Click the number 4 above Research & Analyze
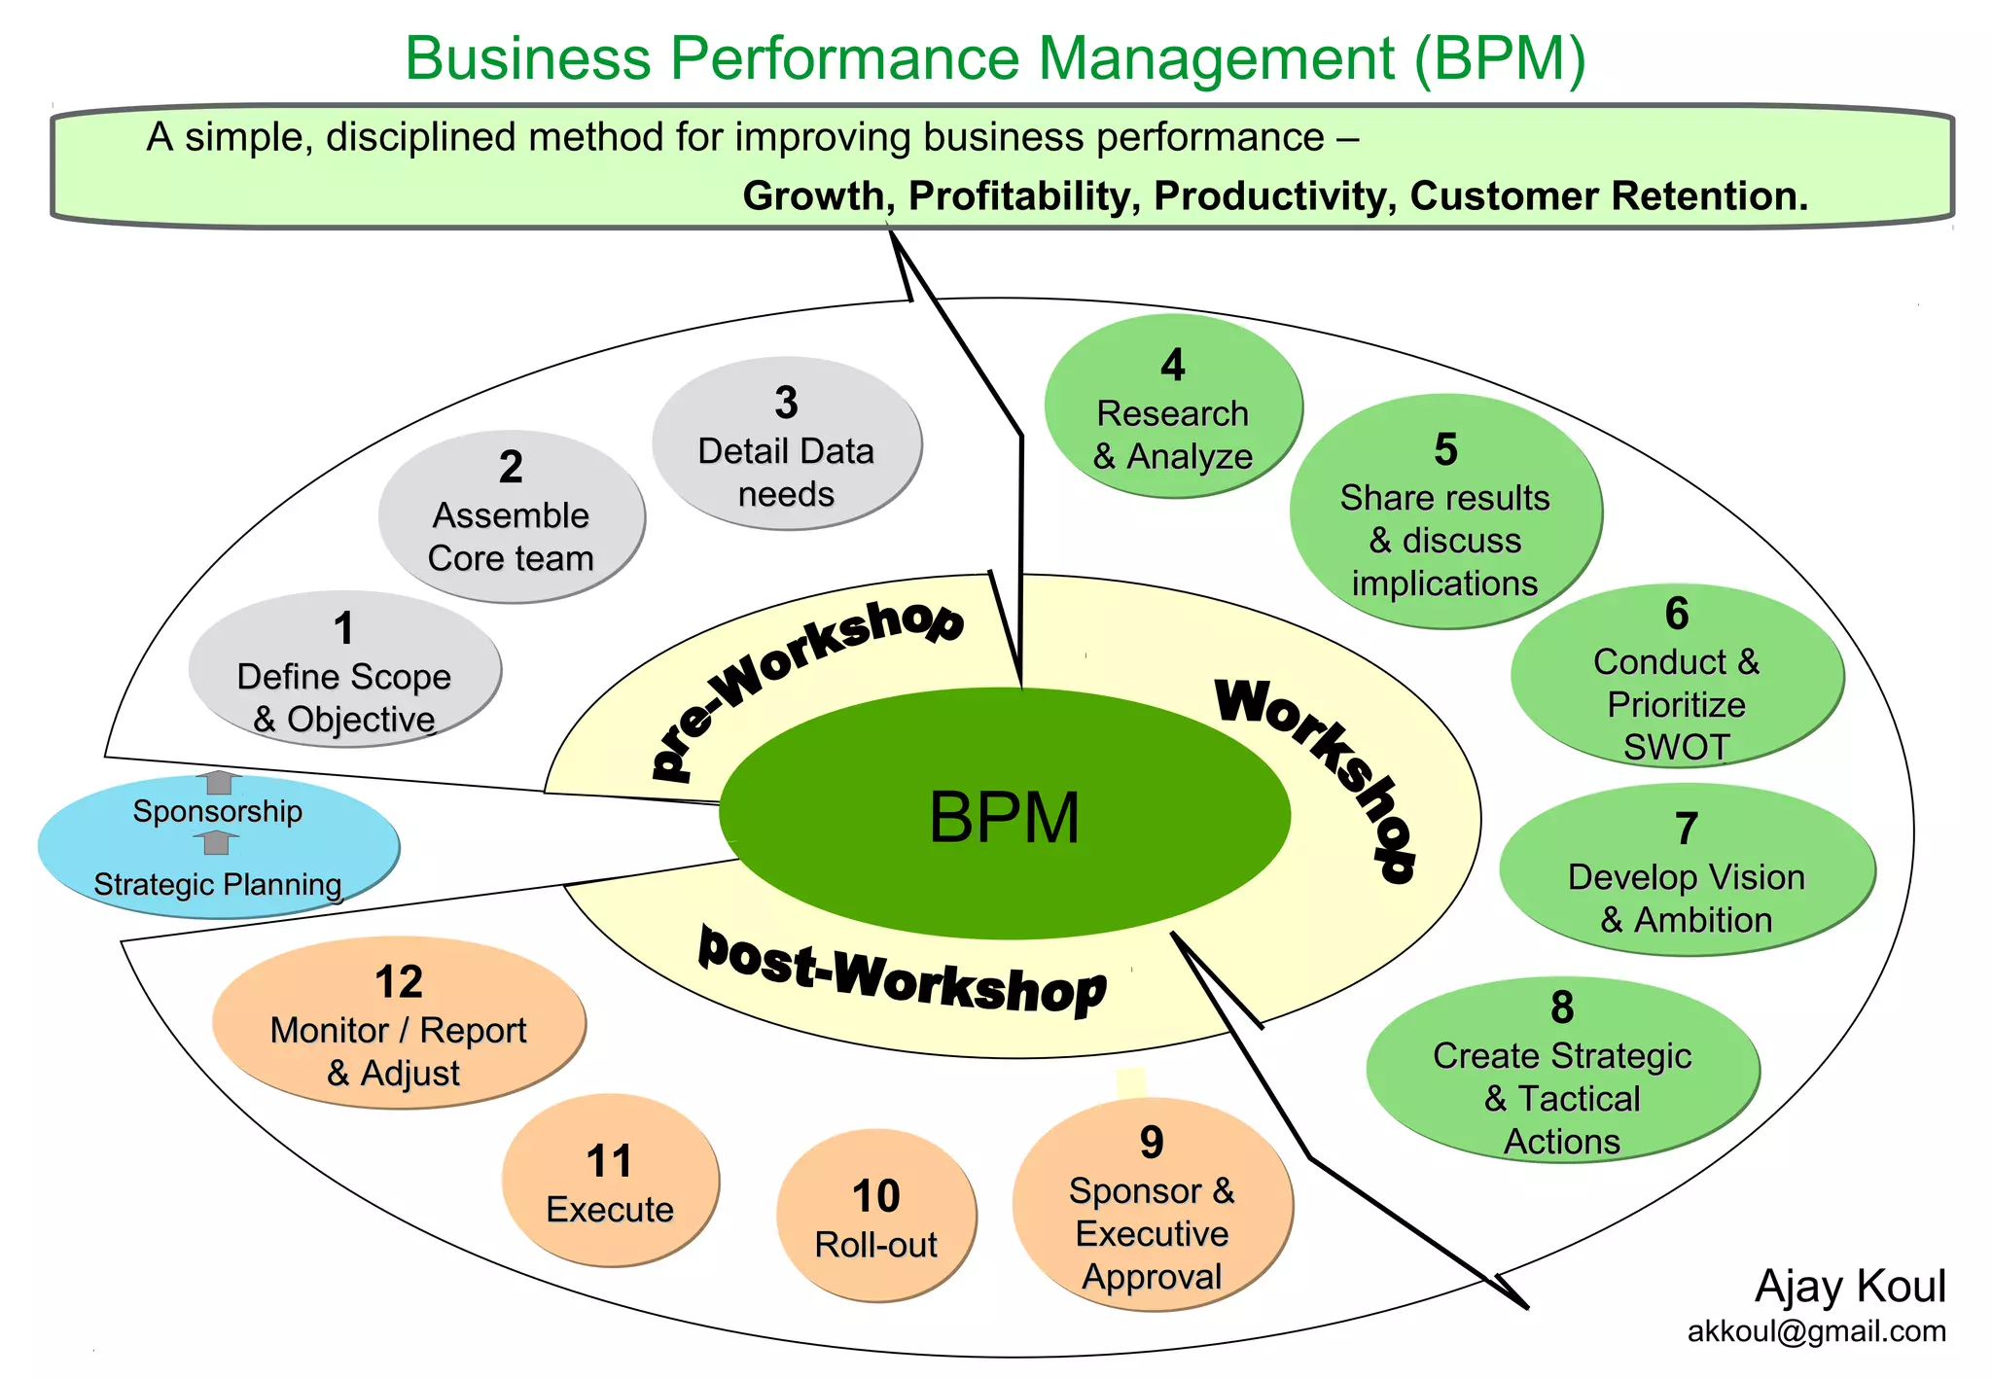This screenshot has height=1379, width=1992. tap(1173, 366)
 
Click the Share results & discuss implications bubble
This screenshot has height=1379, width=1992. tap(1444, 513)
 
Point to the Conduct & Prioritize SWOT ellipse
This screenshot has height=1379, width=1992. tap(1676, 678)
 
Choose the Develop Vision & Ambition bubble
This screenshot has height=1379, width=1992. tap(1686, 870)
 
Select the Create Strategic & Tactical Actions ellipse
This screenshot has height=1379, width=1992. tap(1562, 1071)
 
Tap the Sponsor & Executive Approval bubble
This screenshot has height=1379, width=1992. tap(1152, 1207)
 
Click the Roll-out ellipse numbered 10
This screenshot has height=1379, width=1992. tap(875, 1217)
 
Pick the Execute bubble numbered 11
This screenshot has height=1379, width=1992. tap(610, 1182)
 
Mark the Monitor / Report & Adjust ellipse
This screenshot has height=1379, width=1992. tap(398, 1024)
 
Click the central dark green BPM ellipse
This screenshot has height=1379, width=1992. tap(1004, 815)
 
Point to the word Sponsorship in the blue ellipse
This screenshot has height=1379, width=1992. tap(217, 811)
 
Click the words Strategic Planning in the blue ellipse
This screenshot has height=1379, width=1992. tap(217, 885)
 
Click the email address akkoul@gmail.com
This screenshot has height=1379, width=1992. tap(1816, 1331)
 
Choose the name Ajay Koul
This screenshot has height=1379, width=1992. tap(1850, 1287)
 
